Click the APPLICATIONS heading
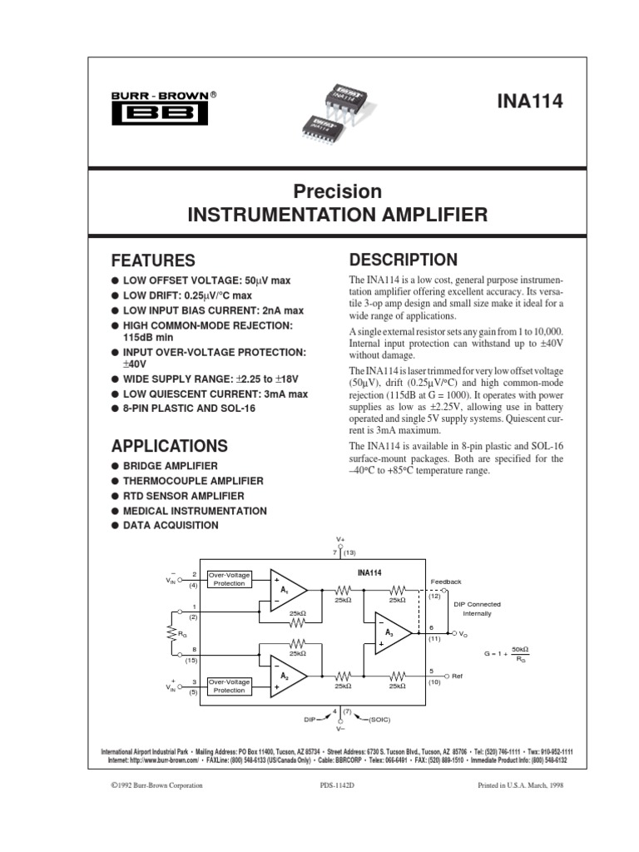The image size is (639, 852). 169,445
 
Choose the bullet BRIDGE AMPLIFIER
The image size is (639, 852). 171,466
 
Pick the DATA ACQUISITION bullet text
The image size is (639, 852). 171,526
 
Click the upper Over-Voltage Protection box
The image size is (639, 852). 227,579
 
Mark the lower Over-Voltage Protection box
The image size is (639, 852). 227,686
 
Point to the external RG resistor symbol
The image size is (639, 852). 171,633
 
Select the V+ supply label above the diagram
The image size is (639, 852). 340,539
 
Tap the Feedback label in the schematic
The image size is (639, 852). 445,582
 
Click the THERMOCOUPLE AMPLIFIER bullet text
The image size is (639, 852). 193,481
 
